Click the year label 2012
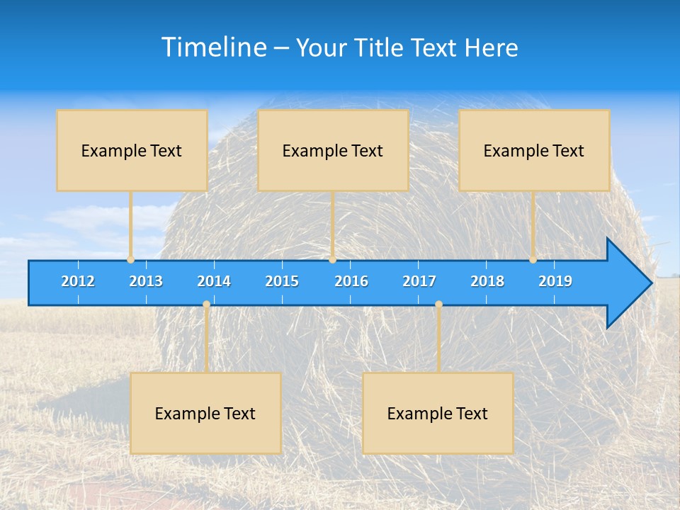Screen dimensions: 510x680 (x=78, y=281)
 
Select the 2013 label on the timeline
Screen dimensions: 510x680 (x=146, y=281)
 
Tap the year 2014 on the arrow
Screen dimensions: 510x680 (x=214, y=281)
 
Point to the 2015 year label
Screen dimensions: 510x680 (x=282, y=281)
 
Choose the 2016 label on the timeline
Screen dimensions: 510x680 (x=351, y=281)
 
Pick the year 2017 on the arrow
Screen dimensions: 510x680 (x=419, y=281)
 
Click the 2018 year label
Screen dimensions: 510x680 (x=487, y=281)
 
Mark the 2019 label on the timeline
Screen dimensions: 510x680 (x=555, y=281)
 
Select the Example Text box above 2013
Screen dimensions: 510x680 (x=132, y=150)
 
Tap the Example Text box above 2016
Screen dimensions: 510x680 (x=333, y=150)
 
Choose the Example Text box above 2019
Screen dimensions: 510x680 (x=534, y=150)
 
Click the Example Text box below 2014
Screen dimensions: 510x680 (x=205, y=413)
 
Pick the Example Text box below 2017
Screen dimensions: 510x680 (x=438, y=413)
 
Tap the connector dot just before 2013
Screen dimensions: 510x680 (x=130, y=260)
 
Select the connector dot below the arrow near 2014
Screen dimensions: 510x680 (x=206, y=305)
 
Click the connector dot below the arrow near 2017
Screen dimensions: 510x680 (x=438, y=305)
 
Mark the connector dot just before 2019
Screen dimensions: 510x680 (x=533, y=260)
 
